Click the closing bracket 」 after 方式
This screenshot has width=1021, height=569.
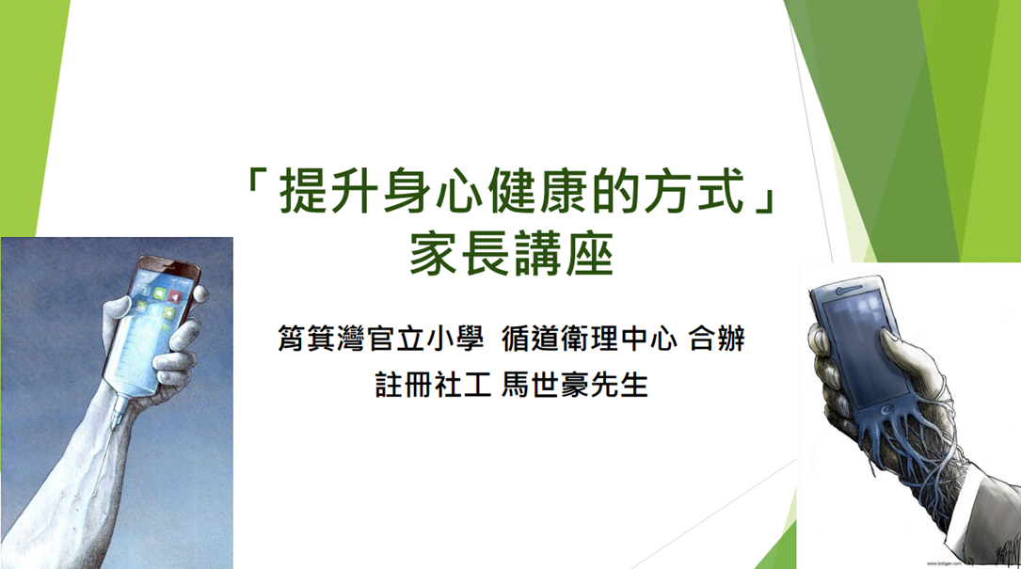point(763,196)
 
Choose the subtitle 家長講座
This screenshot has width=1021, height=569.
point(511,255)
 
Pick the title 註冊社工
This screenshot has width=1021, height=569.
point(432,385)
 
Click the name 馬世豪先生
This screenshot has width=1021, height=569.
point(575,385)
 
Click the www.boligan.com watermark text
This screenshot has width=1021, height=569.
point(944,563)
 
